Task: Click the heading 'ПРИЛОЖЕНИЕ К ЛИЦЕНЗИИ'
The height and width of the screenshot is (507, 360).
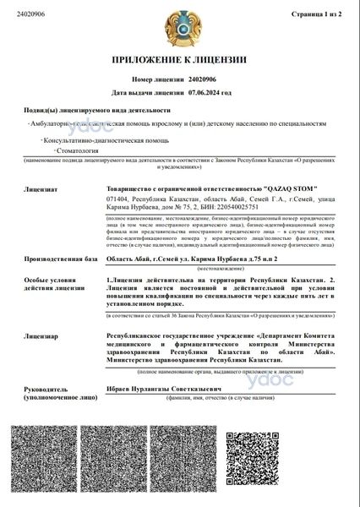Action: pos(179,60)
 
